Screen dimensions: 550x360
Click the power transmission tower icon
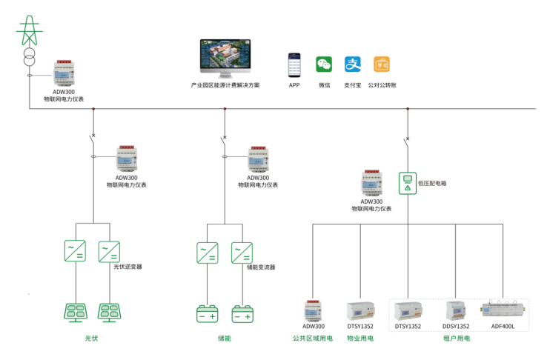click(x=30, y=31)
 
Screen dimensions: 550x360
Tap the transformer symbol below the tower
click(x=30, y=57)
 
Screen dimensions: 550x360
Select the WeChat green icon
click(x=324, y=64)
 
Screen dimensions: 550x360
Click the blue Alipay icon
click(x=353, y=64)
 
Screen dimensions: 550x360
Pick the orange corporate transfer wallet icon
click(x=382, y=64)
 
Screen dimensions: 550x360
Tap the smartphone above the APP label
click(x=294, y=65)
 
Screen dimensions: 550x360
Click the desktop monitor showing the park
click(x=225, y=59)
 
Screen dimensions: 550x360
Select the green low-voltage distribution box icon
click(x=408, y=183)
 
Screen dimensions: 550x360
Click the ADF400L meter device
click(x=503, y=308)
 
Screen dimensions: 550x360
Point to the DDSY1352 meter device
click(x=456, y=310)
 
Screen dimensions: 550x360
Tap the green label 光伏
click(x=92, y=339)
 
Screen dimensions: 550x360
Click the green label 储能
click(x=225, y=339)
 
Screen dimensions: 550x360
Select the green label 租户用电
click(x=457, y=339)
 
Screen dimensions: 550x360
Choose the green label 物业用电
click(x=360, y=339)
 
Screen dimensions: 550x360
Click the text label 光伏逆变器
click(x=127, y=267)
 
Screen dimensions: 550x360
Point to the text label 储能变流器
click(x=261, y=267)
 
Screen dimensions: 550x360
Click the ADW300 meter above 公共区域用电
click(x=313, y=310)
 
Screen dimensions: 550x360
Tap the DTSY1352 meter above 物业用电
click(x=360, y=310)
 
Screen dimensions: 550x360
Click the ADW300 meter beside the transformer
click(x=64, y=73)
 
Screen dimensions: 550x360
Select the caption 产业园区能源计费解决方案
click(x=225, y=85)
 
